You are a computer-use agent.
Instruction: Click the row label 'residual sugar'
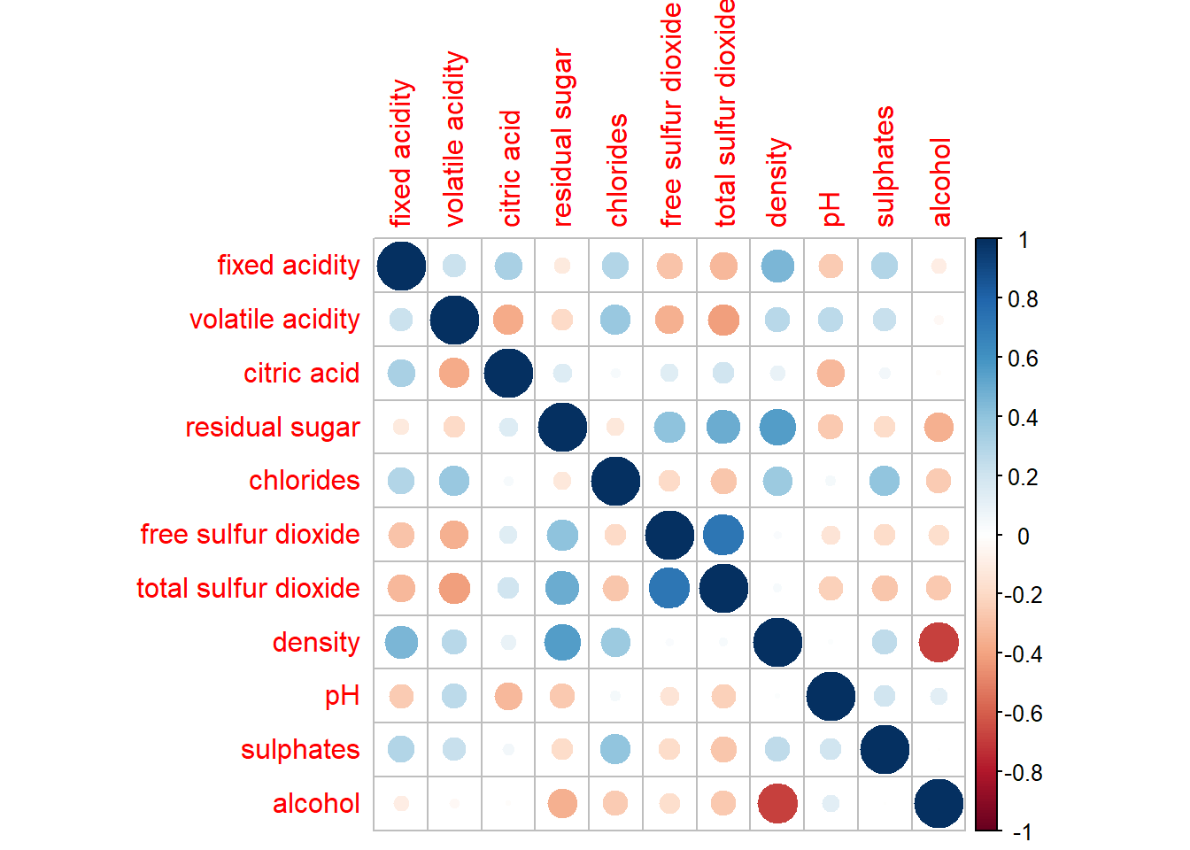tap(273, 428)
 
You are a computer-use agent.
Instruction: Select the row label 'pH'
tap(342, 697)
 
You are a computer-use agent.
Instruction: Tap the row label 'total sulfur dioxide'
tap(248, 589)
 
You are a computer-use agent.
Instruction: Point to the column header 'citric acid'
tap(511, 168)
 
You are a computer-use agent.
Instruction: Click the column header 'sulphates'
tap(885, 166)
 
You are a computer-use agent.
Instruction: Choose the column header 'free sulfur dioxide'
tap(671, 115)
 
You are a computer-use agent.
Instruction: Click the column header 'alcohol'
tap(940, 182)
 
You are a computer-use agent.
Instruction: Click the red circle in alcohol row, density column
tap(777, 804)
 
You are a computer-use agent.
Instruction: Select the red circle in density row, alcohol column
tap(939, 643)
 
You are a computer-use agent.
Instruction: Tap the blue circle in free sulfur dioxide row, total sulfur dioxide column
tap(723, 535)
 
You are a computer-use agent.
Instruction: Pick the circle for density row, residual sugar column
tap(562, 643)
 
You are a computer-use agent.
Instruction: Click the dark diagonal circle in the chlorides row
tap(615, 481)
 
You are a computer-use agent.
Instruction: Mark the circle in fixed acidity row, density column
tap(777, 266)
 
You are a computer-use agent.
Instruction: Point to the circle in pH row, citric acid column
tap(508, 697)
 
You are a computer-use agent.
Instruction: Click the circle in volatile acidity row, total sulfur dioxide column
tap(723, 320)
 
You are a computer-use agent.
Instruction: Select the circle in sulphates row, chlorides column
tap(615, 750)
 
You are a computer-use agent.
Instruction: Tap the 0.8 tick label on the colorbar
tap(1023, 299)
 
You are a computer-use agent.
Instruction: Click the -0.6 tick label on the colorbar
tap(1023, 714)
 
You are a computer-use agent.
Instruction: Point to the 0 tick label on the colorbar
tap(1024, 536)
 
